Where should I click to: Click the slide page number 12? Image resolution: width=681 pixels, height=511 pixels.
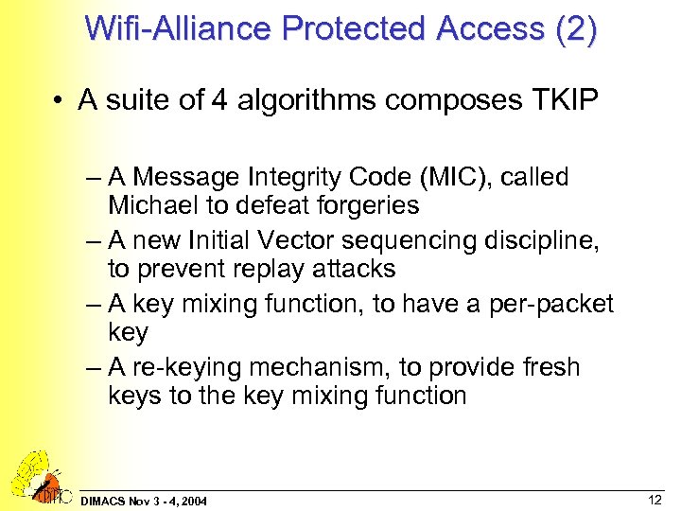(654, 499)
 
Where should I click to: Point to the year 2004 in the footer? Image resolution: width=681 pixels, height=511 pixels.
(193, 500)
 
